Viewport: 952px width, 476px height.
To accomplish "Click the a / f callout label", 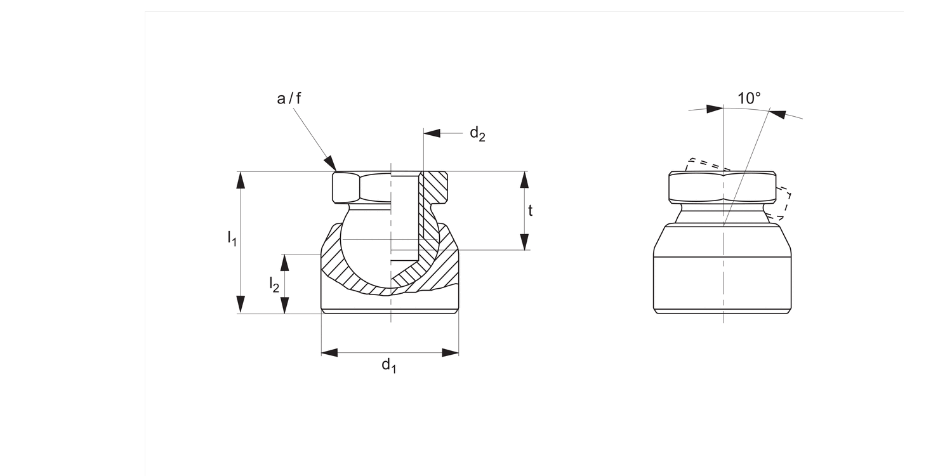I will (x=290, y=98).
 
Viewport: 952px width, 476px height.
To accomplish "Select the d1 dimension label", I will (x=388, y=366).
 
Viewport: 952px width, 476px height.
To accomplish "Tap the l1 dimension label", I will (x=232, y=239).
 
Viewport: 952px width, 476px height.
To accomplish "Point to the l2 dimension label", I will (x=274, y=284).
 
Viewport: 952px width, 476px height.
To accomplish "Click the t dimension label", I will (x=531, y=211).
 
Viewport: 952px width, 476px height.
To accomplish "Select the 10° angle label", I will (x=749, y=98).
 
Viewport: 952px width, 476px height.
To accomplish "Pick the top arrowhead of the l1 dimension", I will (x=240, y=180).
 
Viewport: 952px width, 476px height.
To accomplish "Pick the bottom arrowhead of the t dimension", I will (x=524, y=242).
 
